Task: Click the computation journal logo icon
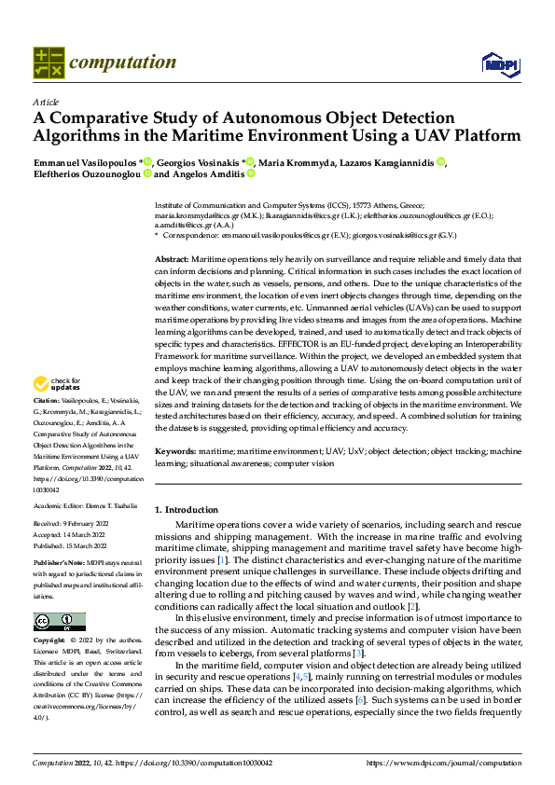(48, 62)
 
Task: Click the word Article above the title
(45, 102)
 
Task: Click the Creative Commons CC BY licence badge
(59, 622)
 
